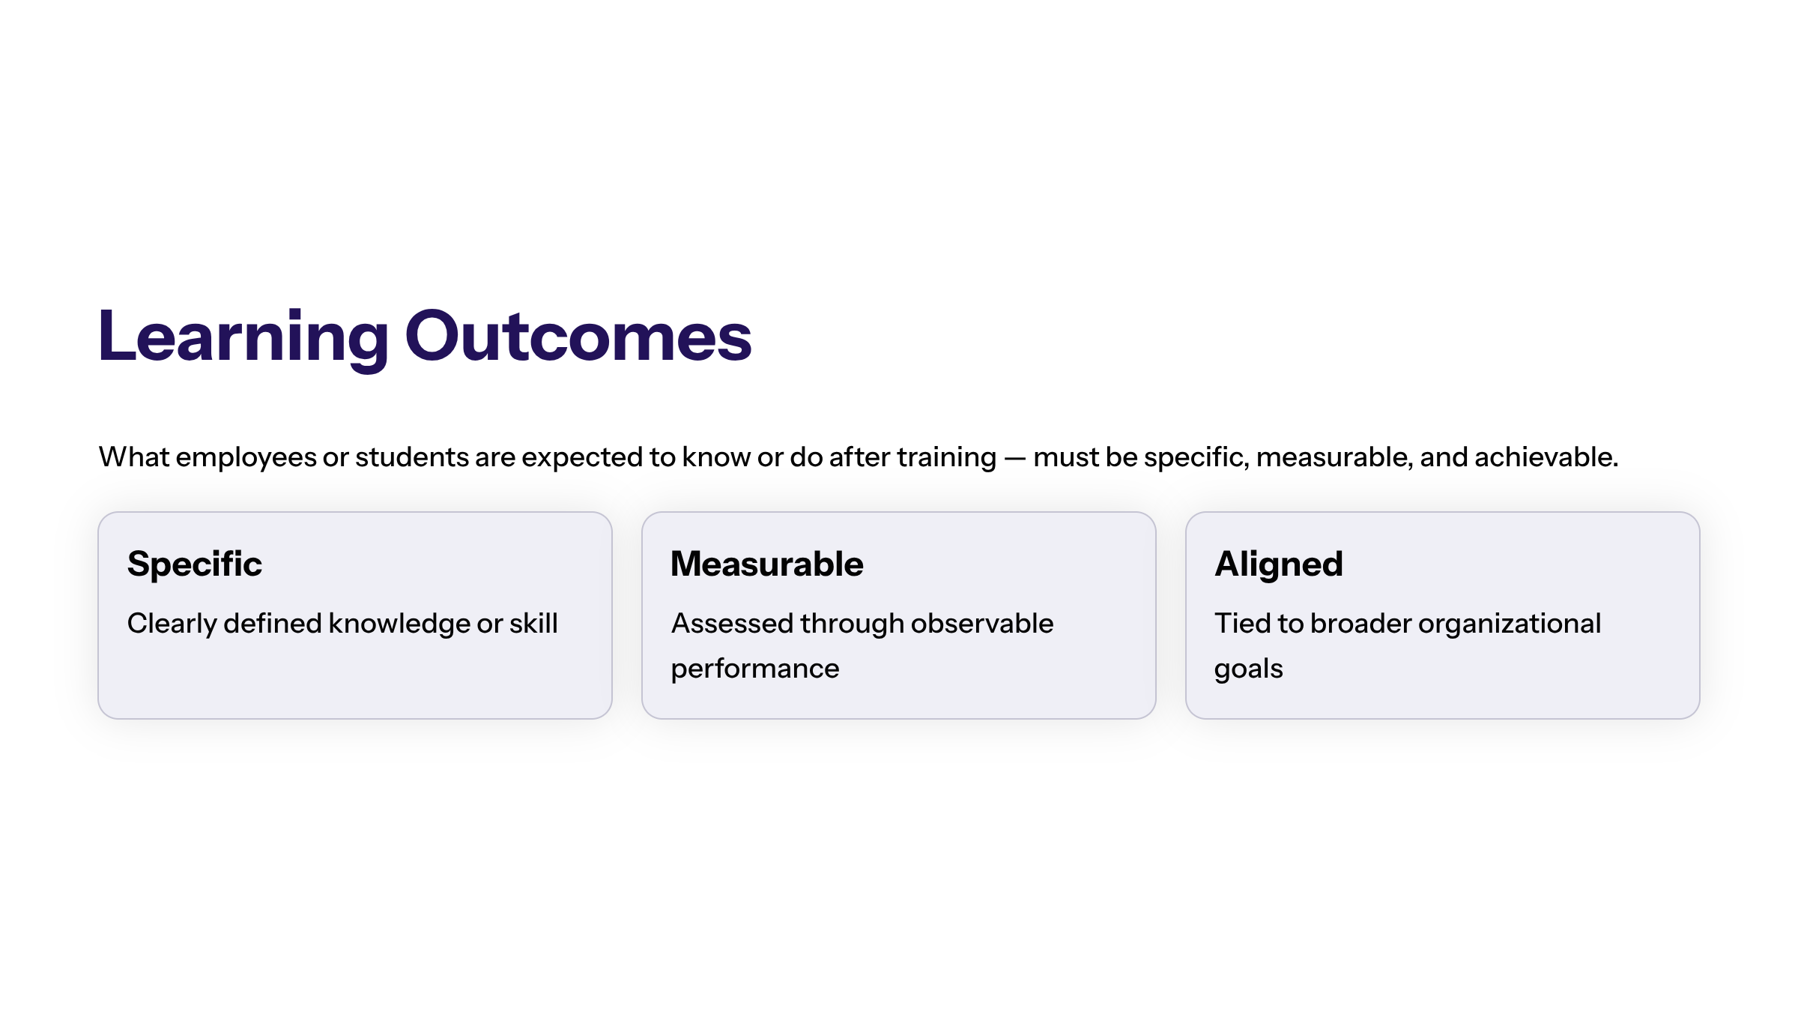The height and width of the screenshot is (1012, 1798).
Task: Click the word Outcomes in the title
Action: [x=578, y=337]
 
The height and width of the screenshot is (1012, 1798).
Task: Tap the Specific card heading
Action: [x=195, y=564]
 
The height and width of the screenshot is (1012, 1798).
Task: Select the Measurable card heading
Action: [x=767, y=564]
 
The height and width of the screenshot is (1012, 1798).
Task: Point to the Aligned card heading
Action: [x=1279, y=564]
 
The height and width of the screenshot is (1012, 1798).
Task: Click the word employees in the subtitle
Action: [x=246, y=457]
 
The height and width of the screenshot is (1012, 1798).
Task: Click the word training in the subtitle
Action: [x=947, y=457]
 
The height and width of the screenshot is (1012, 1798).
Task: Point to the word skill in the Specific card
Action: [x=533, y=623]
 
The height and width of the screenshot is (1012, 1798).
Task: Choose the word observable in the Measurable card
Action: [x=982, y=623]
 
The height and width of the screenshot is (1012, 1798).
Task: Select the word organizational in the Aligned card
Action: [x=1510, y=624]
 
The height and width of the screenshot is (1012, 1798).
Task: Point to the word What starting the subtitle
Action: [x=134, y=457]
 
